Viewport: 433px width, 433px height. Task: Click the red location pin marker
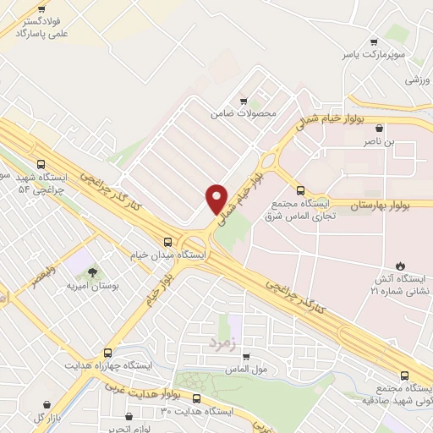[216, 198]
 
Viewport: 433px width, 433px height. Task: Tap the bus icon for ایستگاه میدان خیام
[167, 241]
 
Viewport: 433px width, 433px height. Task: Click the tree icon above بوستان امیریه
[91, 271]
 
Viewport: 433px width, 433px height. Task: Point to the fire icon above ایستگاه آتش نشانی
[400, 265]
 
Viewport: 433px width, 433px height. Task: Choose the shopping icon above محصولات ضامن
[244, 98]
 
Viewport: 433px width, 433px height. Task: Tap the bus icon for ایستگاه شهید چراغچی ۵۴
[41, 165]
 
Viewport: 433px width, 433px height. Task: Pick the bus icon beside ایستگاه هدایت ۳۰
[196, 398]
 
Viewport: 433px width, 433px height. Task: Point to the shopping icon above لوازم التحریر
[128, 416]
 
